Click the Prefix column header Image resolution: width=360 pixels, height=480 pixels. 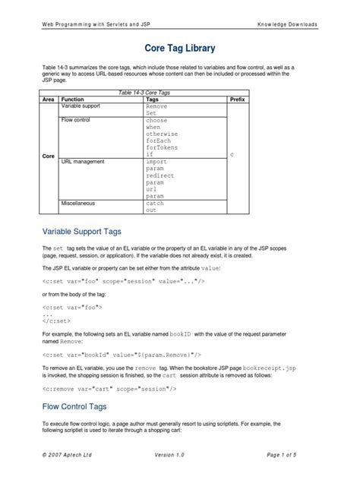pyautogui.click(x=237, y=99)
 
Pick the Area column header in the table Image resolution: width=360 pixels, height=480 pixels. pyautogui.click(x=48, y=99)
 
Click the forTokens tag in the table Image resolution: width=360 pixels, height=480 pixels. pyautogui.click(x=161, y=147)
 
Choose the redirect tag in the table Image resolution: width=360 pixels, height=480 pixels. pyautogui.click(x=159, y=175)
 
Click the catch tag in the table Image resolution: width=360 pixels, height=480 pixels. pyautogui.click(x=155, y=204)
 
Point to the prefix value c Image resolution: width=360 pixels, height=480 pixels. pyautogui.click(x=232, y=154)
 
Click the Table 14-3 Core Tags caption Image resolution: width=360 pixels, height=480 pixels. pyautogui.click(x=143, y=92)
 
